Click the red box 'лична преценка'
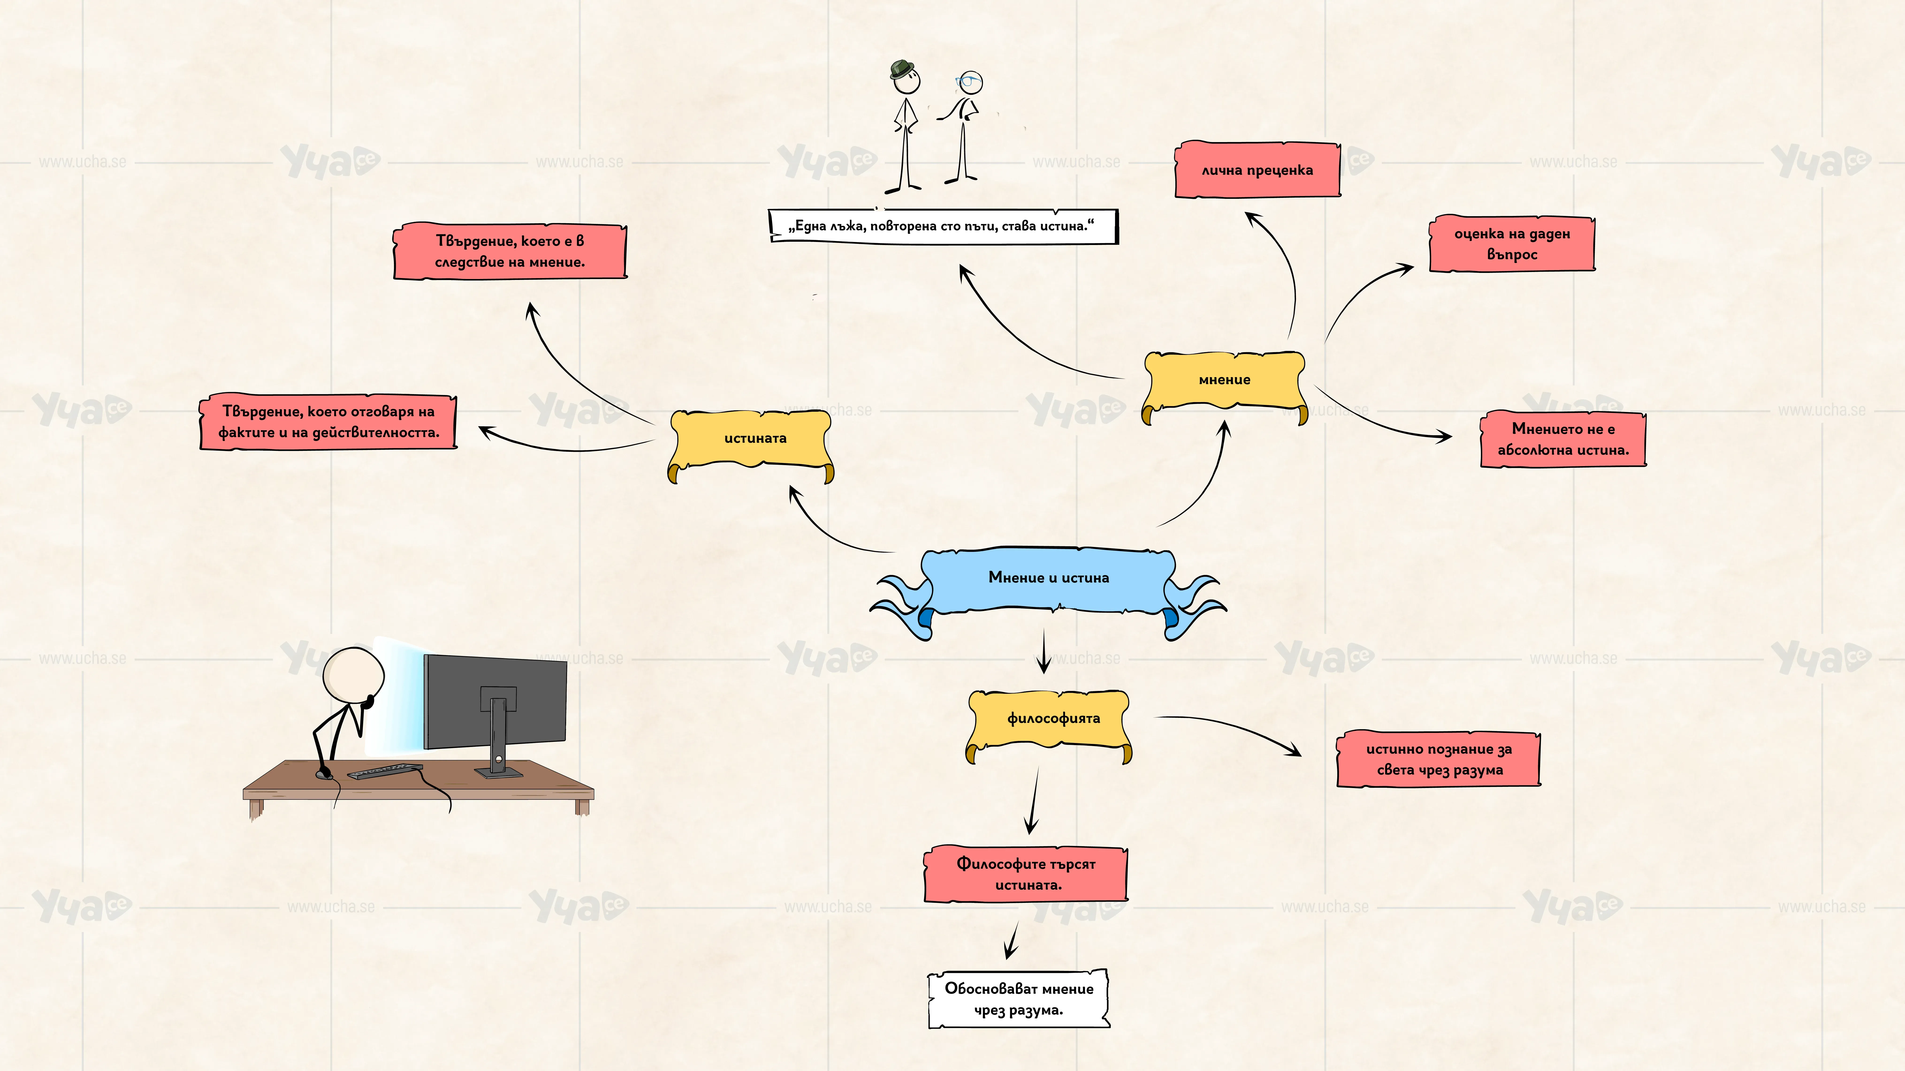click(1257, 170)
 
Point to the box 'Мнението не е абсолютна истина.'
click(1563, 439)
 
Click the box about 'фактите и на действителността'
click(328, 422)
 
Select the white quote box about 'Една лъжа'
click(943, 226)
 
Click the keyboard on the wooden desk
click(385, 771)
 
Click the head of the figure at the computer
click(354, 674)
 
